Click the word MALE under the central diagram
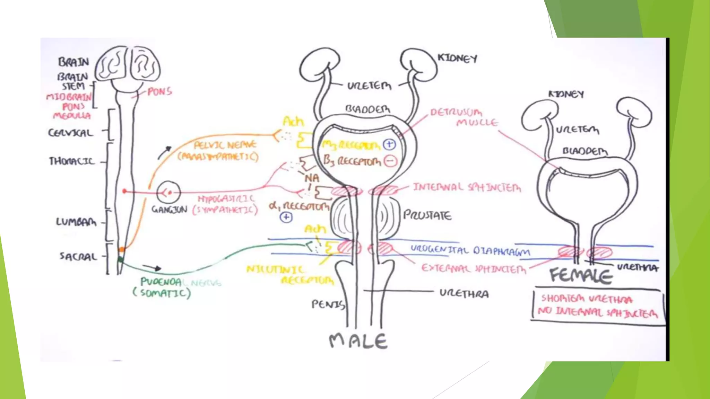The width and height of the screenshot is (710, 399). [x=358, y=341]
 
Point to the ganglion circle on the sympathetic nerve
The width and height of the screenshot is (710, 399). [x=168, y=192]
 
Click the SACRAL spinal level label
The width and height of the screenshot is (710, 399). [x=78, y=257]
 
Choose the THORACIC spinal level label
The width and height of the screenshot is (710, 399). [x=72, y=161]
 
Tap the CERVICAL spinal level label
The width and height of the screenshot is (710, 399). [x=71, y=133]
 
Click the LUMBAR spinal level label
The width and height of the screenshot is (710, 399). [x=76, y=222]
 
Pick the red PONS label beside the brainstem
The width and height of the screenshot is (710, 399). [x=159, y=92]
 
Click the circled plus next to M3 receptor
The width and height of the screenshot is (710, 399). [x=389, y=144]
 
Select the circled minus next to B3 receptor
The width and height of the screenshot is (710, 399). [x=390, y=161]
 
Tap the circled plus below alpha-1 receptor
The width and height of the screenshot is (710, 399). [x=286, y=218]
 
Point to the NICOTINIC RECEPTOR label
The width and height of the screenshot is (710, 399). [x=290, y=275]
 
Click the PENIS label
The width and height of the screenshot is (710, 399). [x=328, y=304]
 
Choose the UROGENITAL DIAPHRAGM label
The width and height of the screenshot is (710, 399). [x=470, y=250]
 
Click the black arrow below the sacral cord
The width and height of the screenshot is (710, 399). [x=153, y=268]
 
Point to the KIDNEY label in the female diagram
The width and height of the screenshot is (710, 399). [x=566, y=94]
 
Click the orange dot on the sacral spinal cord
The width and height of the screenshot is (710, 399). [x=122, y=249]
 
